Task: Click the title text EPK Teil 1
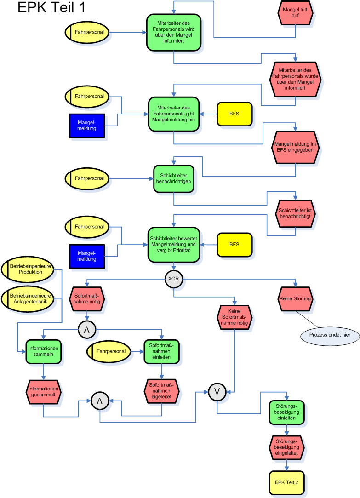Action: tap(51, 7)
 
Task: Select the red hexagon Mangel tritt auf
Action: tap(295, 13)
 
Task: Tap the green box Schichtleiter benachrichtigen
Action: tap(173, 178)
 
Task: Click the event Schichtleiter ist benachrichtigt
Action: tap(295, 213)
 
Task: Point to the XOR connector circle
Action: tap(173, 279)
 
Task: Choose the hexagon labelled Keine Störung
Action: tap(295, 299)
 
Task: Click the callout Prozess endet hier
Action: tap(330, 335)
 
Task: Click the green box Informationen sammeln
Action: tap(43, 352)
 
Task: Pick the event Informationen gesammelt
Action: tap(43, 392)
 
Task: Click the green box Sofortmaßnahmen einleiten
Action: tap(161, 352)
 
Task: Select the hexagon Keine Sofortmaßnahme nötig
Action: tap(234, 317)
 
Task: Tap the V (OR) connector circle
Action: tap(217, 392)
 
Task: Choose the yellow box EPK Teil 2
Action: tap(287, 482)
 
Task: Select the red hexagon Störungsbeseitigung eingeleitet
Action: tap(286, 447)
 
